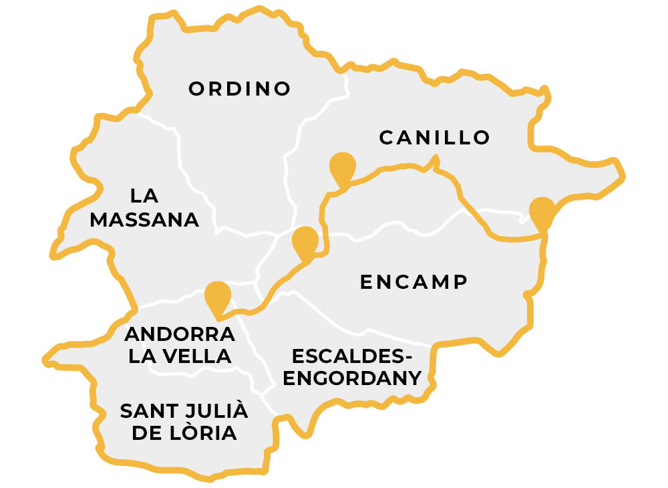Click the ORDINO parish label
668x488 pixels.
tap(240, 89)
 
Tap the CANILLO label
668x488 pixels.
tap(435, 138)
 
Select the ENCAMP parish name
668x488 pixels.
tap(413, 281)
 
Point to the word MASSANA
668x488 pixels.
tap(144, 220)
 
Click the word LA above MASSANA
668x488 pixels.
tap(144, 196)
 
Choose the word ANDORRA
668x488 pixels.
tap(180, 334)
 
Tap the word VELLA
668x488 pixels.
tap(197, 356)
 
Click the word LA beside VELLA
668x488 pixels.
tap(142, 356)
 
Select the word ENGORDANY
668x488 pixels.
tap(353, 378)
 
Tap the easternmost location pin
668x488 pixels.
tap(542, 212)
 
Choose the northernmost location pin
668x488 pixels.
tap(343, 167)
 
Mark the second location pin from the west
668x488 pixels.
tap(305, 241)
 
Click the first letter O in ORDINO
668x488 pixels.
tap(196, 89)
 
